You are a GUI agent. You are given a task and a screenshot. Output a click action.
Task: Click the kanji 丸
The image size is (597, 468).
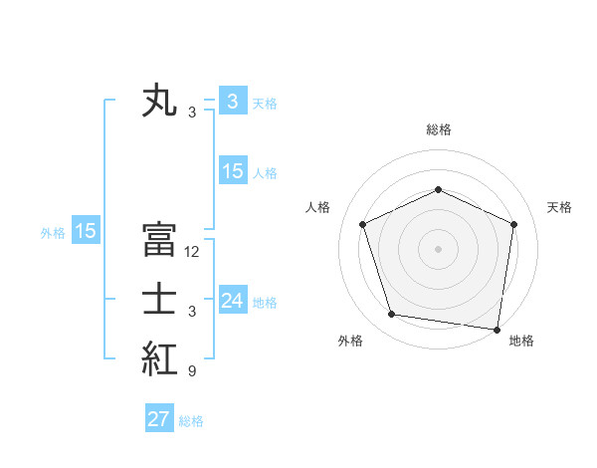pyautogui.click(x=159, y=102)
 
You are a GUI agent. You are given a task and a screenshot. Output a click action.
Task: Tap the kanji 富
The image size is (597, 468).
pyautogui.click(x=159, y=240)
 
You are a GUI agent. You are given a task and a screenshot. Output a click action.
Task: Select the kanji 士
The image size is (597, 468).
pyautogui.click(x=159, y=300)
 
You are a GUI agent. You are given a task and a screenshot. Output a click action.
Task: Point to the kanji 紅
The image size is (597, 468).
pyautogui.click(x=159, y=359)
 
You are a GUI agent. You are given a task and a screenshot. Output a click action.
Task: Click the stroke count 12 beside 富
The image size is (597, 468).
pyautogui.click(x=192, y=252)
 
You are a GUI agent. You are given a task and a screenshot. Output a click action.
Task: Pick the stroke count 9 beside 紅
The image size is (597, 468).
pyautogui.click(x=191, y=371)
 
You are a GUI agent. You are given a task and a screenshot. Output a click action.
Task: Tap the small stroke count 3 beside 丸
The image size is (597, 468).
pyautogui.click(x=191, y=113)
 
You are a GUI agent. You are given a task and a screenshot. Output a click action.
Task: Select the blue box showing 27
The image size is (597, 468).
pyautogui.click(x=159, y=419)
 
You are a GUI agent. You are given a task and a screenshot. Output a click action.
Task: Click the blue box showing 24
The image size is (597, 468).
pyautogui.click(x=233, y=301)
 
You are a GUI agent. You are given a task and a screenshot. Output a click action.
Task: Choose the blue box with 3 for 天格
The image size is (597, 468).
pyautogui.click(x=233, y=101)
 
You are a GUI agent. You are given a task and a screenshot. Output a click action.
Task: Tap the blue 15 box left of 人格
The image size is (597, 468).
pyautogui.click(x=233, y=171)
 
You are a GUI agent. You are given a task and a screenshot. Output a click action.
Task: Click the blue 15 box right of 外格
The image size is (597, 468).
pyautogui.click(x=86, y=231)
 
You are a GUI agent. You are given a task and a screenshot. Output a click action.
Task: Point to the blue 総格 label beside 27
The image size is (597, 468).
pyautogui.click(x=191, y=421)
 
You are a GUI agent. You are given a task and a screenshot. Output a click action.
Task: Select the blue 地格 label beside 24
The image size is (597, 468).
pyautogui.click(x=266, y=302)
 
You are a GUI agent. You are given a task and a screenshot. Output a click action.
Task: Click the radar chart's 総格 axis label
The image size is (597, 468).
pyautogui.click(x=439, y=129)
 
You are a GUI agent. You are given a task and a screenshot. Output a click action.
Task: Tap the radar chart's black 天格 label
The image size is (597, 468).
pyautogui.click(x=559, y=207)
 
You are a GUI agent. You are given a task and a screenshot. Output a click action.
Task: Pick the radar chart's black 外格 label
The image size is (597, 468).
pyautogui.click(x=350, y=341)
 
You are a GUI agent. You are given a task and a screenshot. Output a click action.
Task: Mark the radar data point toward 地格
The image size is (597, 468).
pyautogui.click(x=497, y=329)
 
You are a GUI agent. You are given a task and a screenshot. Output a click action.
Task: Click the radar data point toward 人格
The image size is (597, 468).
pyautogui.click(x=363, y=224)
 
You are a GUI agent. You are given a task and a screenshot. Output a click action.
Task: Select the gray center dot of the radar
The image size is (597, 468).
pyautogui.click(x=438, y=248)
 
